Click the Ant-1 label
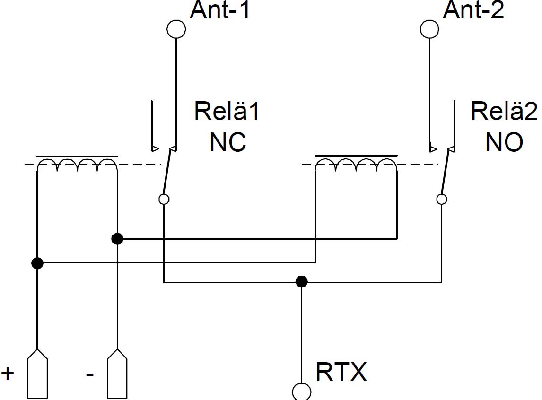click(x=219, y=11)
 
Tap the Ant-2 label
click(x=473, y=11)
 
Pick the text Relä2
click(x=504, y=112)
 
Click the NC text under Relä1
click(x=227, y=141)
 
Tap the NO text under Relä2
click(x=504, y=141)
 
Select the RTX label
click(x=341, y=372)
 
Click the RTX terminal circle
click(x=302, y=391)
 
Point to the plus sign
click(x=8, y=373)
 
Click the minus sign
click(x=90, y=374)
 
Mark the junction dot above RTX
click(x=301, y=282)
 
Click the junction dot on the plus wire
click(x=37, y=262)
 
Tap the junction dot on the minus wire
click(x=117, y=239)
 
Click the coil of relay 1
click(x=77, y=164)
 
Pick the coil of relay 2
click(x=356, y=164)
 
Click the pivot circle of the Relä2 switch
click(x=442, y=199)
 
